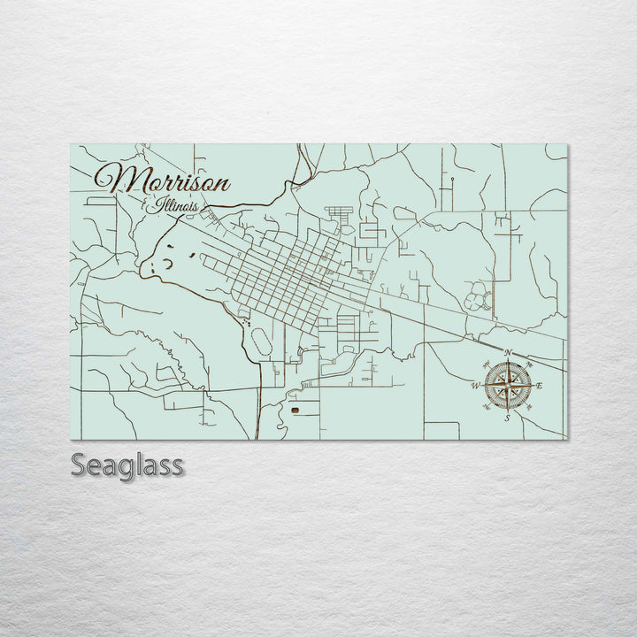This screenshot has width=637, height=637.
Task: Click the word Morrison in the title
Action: [164, 180]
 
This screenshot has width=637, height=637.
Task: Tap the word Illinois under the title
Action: [174, 207]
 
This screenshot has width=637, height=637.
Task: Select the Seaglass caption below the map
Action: [127, 464]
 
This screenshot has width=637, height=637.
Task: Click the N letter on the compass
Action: [508, 353]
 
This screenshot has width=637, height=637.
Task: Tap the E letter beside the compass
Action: [540, 386]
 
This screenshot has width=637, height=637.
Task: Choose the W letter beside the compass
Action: [475, 386]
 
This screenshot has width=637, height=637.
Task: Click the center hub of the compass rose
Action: [508, 385]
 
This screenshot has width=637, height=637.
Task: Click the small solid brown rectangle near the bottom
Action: [294, 411]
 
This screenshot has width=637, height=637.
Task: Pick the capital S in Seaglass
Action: [78, 464]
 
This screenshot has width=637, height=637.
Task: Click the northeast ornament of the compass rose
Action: [522, 371]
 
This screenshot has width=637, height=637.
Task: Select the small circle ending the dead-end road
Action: [452, 180]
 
